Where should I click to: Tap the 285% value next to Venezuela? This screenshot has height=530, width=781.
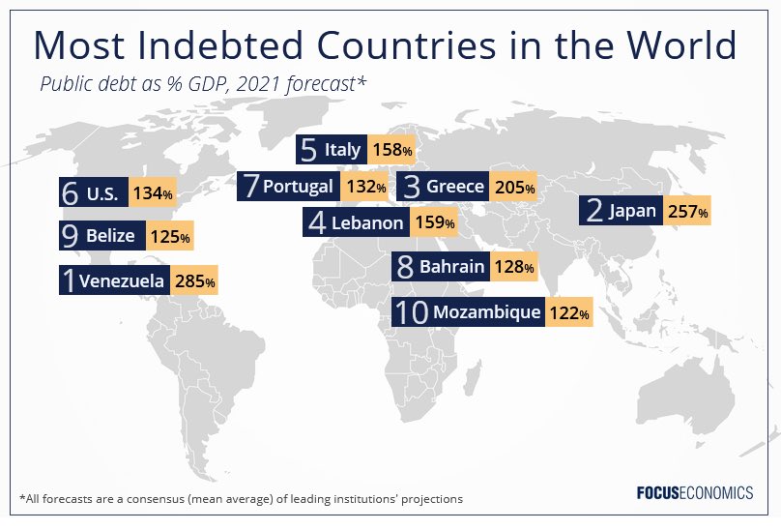(x=195, y=281)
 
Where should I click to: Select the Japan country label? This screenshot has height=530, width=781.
(x=632, y=210)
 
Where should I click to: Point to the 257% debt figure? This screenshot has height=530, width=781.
(x=687, y=210)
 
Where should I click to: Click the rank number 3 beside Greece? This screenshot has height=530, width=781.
(x=412, y=187)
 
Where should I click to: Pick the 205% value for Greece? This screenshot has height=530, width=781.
(x=513, y=187)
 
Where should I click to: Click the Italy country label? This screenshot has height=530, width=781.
(x=343, y=150)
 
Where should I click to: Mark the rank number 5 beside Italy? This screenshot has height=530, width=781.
(x=309, y=150)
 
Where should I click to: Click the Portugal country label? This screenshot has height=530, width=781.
(x=298, y=186)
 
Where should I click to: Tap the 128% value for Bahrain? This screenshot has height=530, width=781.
(x=513, y=266)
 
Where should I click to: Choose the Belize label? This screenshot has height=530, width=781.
(x=110, y=235)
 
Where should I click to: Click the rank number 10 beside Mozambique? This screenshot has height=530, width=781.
(x=412, y=312)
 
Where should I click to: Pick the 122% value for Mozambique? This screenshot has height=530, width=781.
(x=568, y=312)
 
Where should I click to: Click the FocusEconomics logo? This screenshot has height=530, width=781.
(x=693, y=493)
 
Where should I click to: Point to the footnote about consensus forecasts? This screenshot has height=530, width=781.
(x=241, y=499)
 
